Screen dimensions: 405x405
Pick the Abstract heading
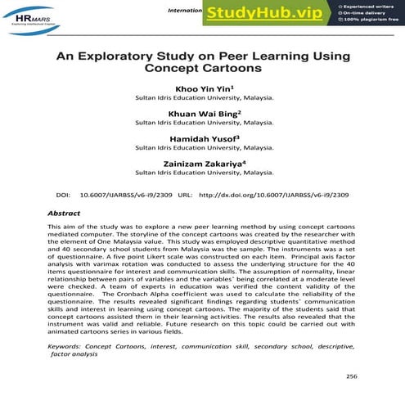point(65,213)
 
